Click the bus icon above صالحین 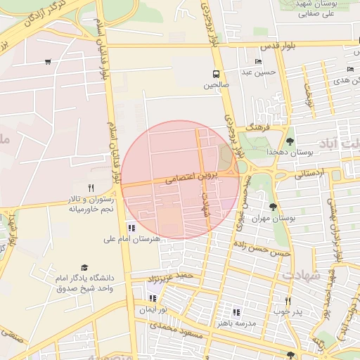[x=217, y=73]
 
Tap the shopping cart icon [x=47, y=62]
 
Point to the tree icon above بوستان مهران [x=272, y=207]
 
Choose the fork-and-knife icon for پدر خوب [x=288, y=301]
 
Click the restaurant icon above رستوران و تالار [x=90, y=188]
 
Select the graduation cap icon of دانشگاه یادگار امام [x=85, y=268]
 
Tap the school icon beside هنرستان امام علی [x=131, y=227]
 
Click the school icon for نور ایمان [x=153, y=298]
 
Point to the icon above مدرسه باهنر [x=236, y=311]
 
